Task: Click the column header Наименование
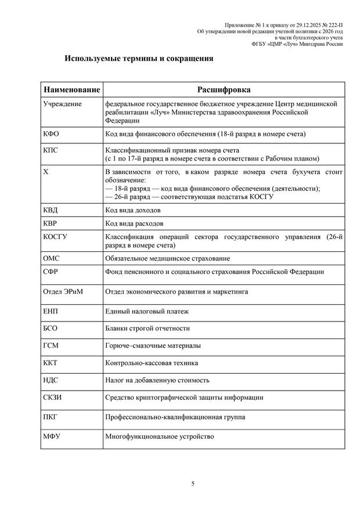71,90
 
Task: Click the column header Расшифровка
224,90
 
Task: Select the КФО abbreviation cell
51,134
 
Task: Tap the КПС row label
51,150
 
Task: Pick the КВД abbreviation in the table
51,210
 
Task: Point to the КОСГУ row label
55,237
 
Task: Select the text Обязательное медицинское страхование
167,258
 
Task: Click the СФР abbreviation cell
51,272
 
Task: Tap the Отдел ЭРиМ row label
63,291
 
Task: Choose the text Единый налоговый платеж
147,312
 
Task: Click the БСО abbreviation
51,328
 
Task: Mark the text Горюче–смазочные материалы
153,345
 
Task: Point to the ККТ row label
51,363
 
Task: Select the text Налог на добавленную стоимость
157,380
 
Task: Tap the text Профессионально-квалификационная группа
175,417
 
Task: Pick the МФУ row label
52,436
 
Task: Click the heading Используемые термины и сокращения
139,59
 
